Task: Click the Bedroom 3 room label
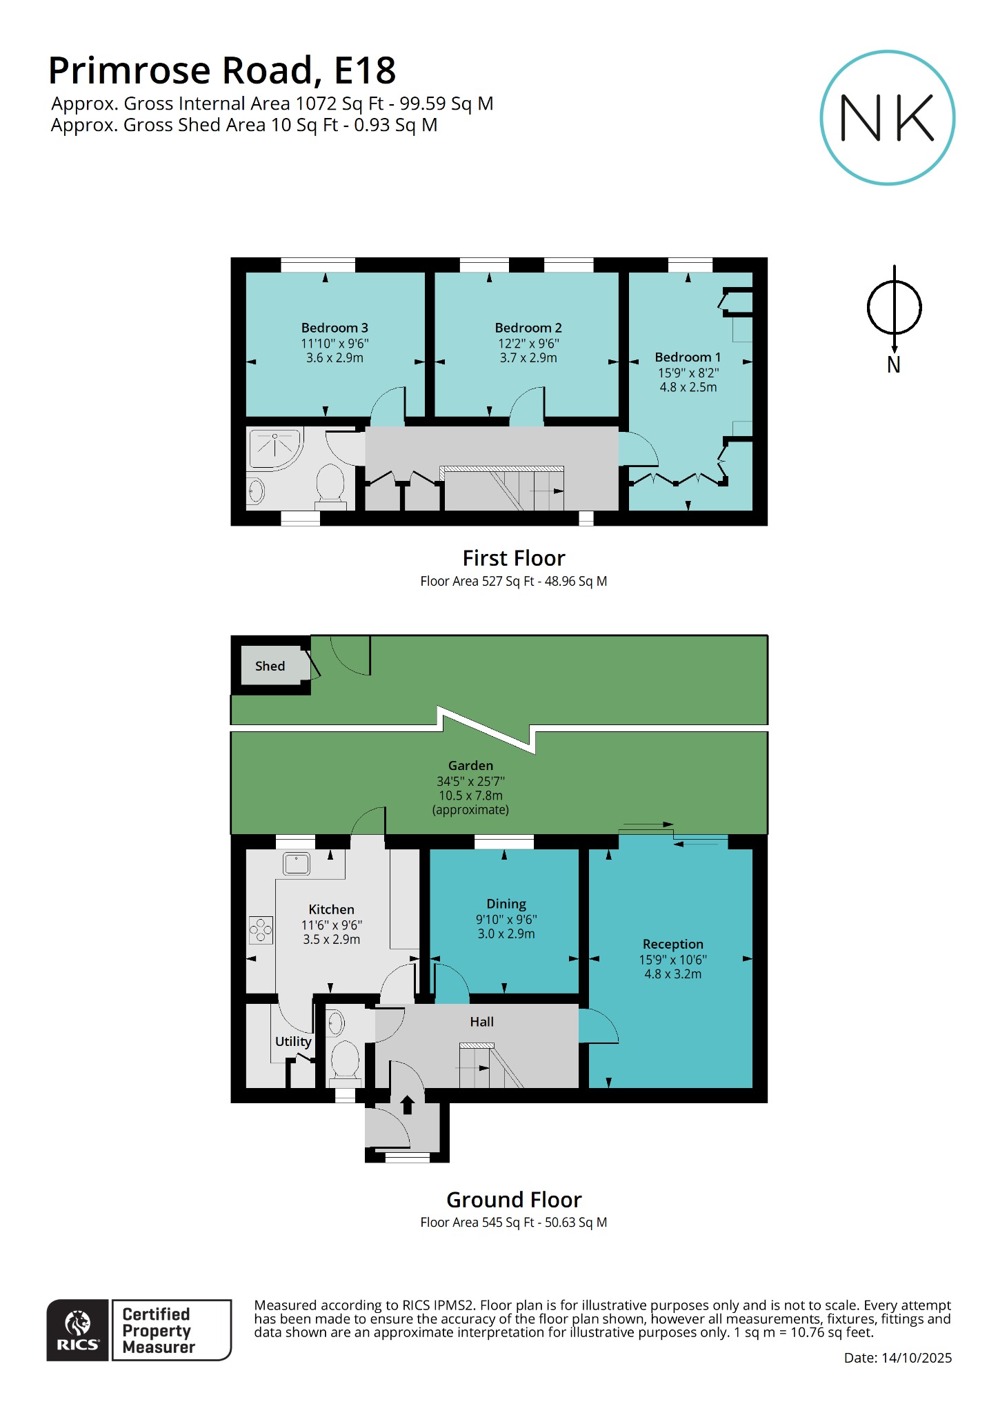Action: (x=335, y=328)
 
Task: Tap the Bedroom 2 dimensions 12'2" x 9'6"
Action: (x=528, y=343)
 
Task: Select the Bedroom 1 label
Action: (x=688, y=357)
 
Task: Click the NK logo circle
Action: (x=887, y=117)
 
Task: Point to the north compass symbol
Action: (x=894, y=308)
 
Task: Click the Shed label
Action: (x=270, y=666)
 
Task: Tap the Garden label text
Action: (x=470, y=765)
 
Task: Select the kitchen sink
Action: (x=297, y=863)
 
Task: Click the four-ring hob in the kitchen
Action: (x=261, y=930)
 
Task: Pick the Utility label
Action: (x=293, y=1041)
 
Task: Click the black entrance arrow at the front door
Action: (x=407, y=1105)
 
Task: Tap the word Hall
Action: (x=481, y=1022)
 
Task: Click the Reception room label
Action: (x=672, y=944)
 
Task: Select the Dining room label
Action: (x=506, y=904)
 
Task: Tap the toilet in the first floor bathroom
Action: (x=330, y=483)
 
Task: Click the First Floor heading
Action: (x=513, y=557)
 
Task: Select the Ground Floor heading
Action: (x=513, y=1199)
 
